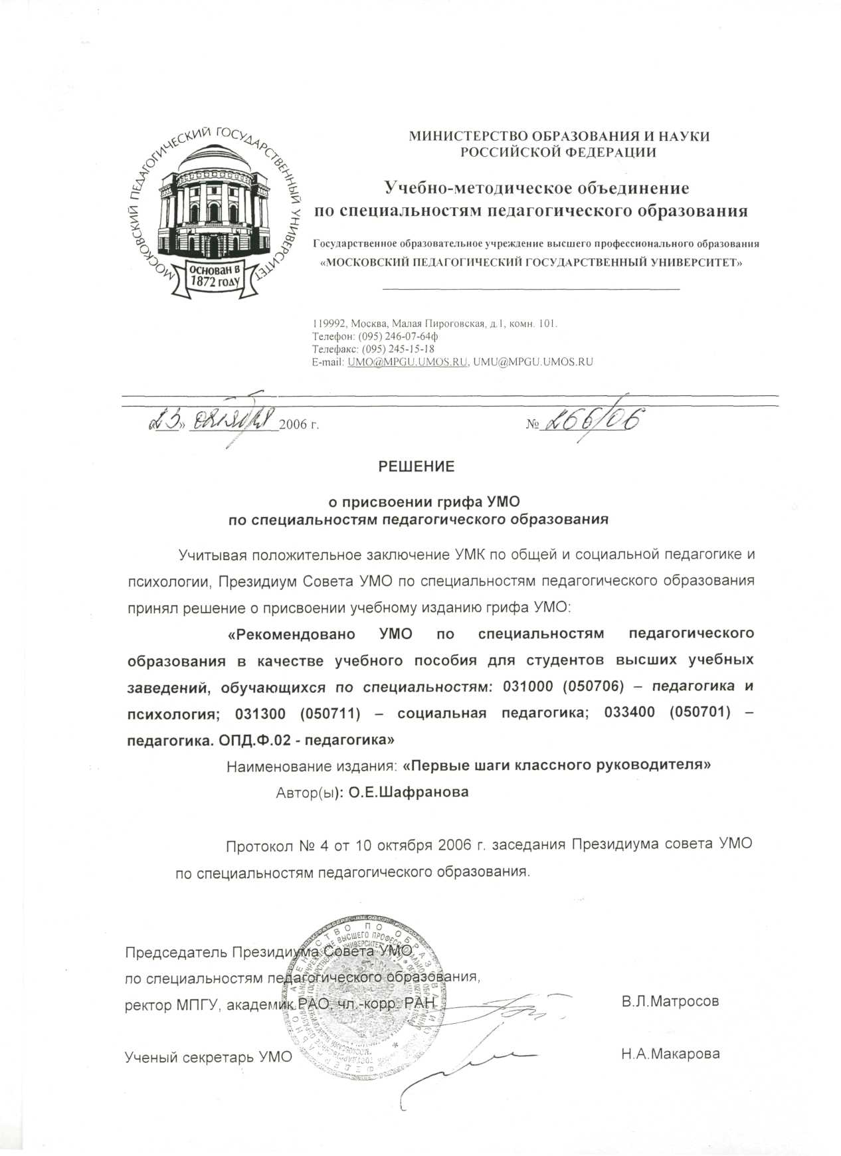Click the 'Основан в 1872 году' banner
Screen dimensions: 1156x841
click(215, 275)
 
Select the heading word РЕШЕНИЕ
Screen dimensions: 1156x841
click(417, 466)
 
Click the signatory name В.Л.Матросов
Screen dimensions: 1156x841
click(670, 1001)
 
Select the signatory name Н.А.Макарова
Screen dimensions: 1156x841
click(670, 1054)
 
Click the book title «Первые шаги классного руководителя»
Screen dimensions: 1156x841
click(557, 765)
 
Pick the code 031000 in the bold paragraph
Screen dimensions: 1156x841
click(527, 686)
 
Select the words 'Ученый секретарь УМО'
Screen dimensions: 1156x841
click(209, 1056)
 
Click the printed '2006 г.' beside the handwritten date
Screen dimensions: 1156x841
click(299, 424)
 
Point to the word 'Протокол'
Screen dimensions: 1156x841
click(260, 845)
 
